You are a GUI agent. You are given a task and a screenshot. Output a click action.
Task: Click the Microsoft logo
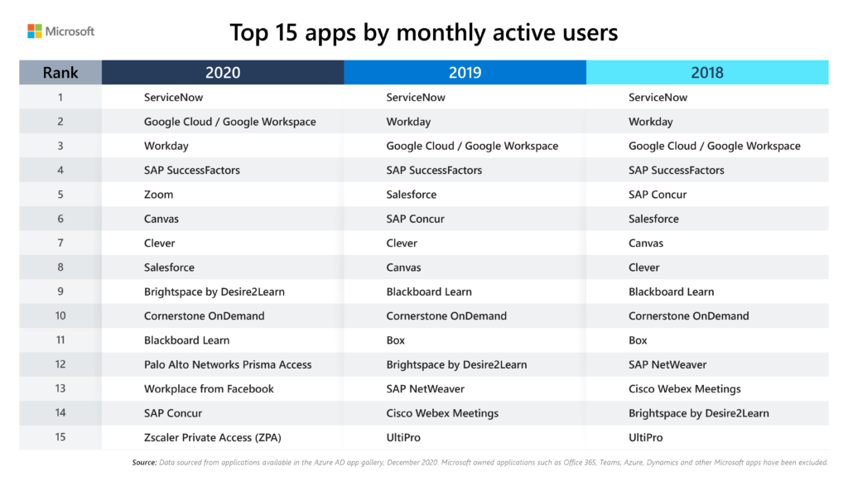click(61, 31)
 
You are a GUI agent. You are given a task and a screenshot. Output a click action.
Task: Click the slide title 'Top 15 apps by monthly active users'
click(423, 32)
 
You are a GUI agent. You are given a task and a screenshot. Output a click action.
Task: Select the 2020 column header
click(223, 73)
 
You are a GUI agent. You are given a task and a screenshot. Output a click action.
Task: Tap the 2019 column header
click(465, 73)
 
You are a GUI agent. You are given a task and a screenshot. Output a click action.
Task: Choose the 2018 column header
click(707, 73)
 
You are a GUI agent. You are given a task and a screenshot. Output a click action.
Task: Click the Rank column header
click(60, 73)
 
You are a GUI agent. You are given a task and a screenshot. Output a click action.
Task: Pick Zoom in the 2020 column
click(158, 195)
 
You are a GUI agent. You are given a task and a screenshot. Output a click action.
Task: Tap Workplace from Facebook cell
click(209, 388)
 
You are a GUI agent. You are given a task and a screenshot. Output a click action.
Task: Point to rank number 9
click(60, 291)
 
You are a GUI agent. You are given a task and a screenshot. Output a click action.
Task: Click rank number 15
click(60, 437)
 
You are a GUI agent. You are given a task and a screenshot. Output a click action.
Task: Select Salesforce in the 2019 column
click(412, 195)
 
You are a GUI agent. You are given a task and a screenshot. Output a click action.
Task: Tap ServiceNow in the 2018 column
click(658, 98)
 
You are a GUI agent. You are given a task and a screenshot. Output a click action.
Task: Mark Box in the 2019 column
click(396, 340)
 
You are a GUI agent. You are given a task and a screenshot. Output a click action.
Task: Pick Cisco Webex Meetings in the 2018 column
click(685, 388)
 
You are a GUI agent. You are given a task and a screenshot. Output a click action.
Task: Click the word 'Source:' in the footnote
click(145, 462)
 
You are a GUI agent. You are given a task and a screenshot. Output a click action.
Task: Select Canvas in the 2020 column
click(161, 219)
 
